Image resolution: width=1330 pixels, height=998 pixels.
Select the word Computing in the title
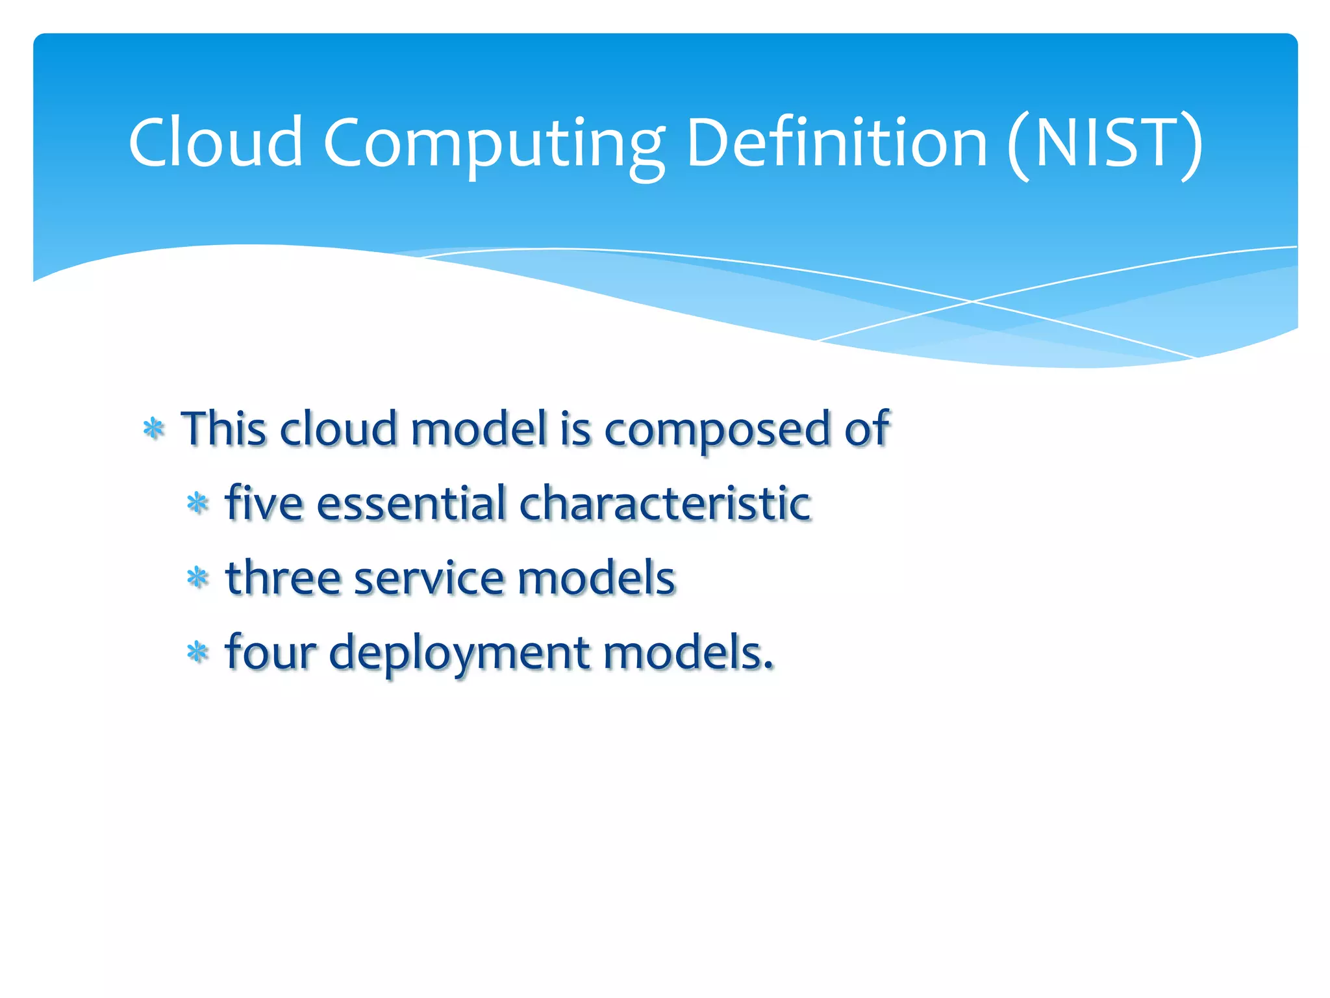494,144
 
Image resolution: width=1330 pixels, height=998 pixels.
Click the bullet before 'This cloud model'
154,429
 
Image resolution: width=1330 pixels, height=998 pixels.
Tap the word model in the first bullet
479,429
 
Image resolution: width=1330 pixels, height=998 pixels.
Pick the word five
264,503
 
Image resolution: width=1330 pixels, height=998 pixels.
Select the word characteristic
665,503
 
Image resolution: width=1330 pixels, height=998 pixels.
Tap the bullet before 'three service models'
197,578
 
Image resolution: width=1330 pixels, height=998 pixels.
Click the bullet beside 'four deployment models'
197,652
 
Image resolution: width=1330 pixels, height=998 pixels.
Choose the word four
270,652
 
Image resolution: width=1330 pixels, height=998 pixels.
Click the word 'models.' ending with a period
688,652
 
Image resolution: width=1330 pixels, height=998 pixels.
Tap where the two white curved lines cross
972,301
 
